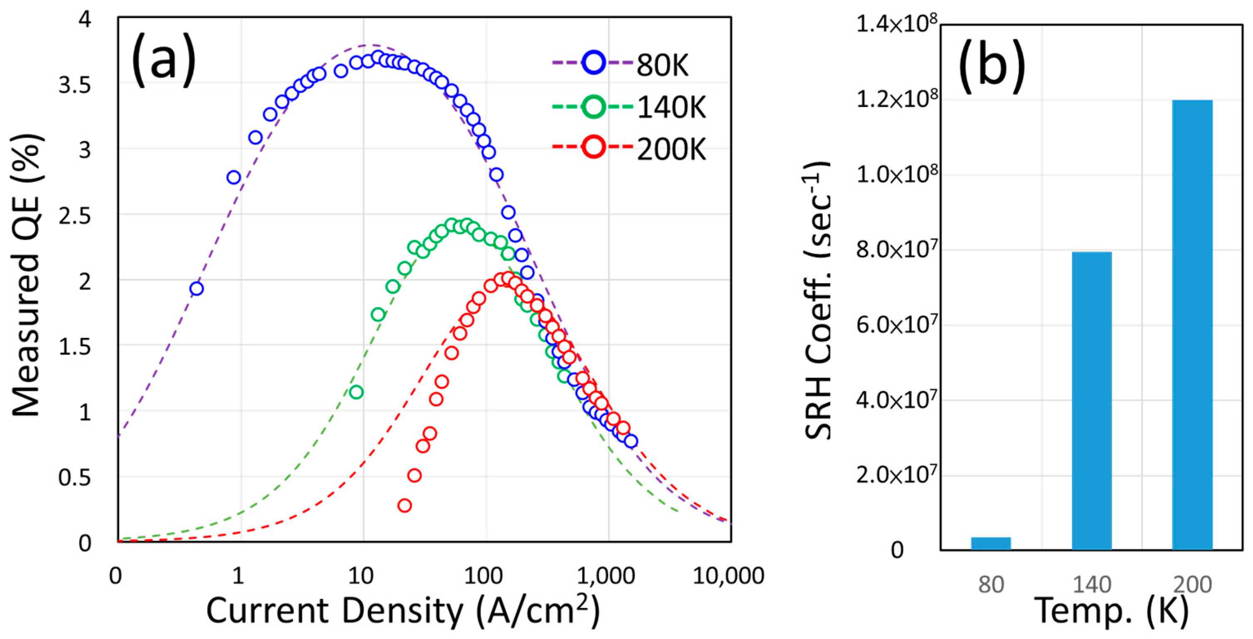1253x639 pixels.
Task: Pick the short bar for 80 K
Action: pos(991,543)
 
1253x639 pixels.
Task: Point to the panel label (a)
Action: pos(163,61)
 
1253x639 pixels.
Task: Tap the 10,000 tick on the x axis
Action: pos(728,576)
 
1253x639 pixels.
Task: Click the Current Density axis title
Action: pos(403,610)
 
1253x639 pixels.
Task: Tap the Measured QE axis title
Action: pos(26,275)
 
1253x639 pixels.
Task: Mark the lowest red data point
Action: pos(404,505)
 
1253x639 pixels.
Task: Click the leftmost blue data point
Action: pos(196,289)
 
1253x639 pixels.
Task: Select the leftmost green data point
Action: pos(356,392)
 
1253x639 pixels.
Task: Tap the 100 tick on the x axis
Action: pos(483,576)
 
